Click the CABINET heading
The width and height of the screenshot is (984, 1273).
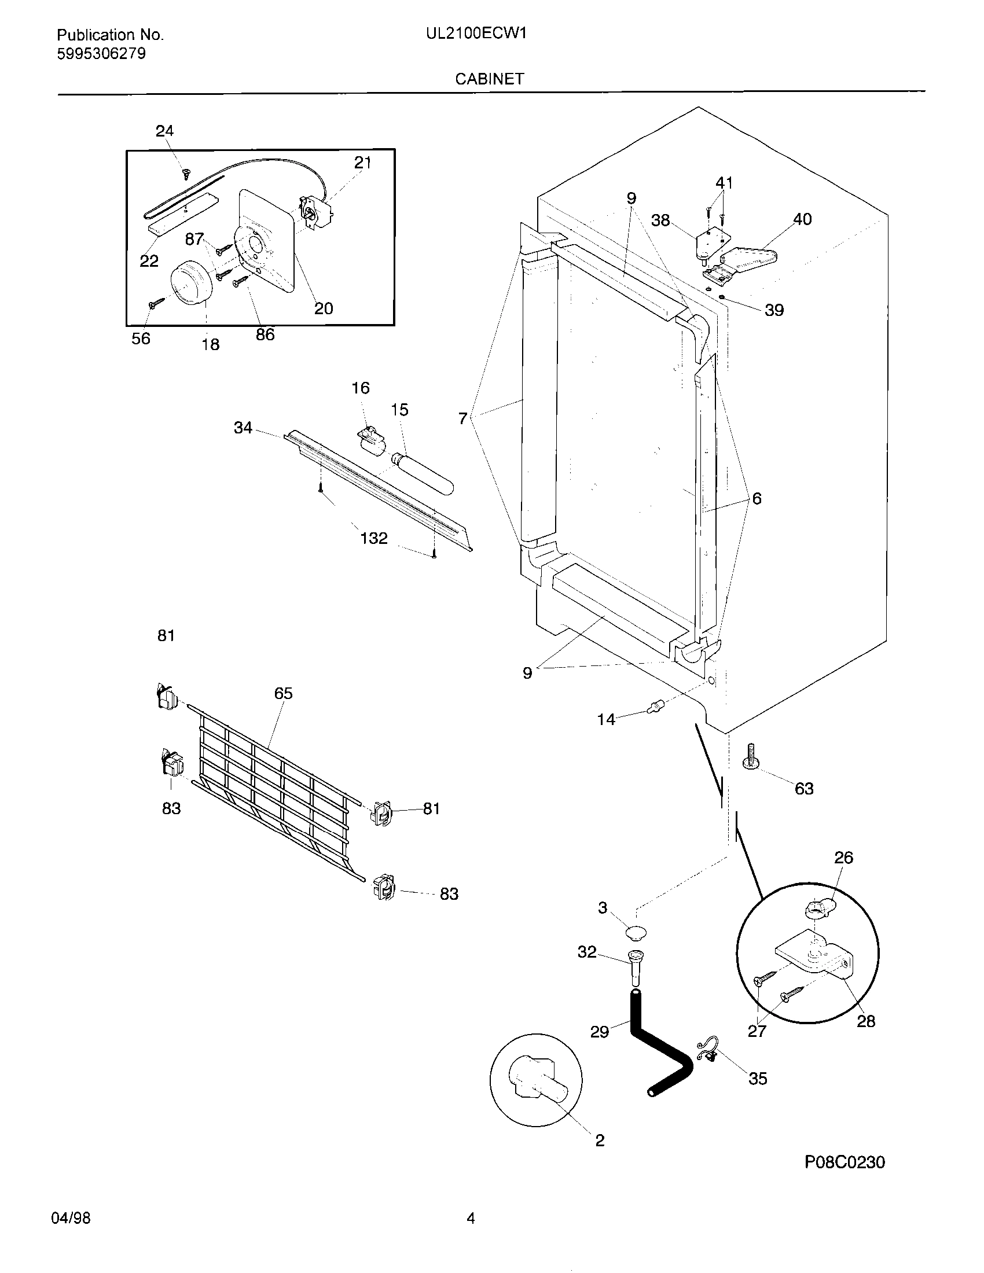click(489, 79)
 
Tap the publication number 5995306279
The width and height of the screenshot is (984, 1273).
click(101, 54)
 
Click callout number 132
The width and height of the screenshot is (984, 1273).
click(374, 538)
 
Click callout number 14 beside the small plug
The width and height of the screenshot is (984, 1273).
click(605, 720)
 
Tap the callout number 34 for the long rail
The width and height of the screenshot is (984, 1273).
click(243, 428)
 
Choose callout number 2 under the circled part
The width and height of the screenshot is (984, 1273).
click(600, 1140)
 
